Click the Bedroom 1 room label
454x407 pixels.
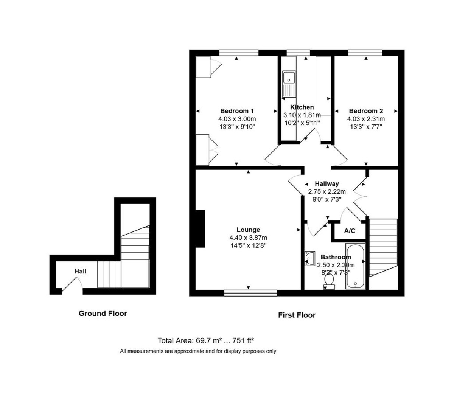pyautogui.click(x=237, y=111)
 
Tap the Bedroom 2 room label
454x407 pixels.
pyautogui.click(x=365, y=111)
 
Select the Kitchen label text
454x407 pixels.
pyautogui.click(x=302, y=107)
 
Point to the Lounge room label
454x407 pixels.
pyautogui.click(x=248, y=230)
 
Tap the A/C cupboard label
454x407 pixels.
pyautogui.click(x=350, y=231)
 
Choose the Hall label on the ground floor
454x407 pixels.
pyautogui.click(x=80, y=271)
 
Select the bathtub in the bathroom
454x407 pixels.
pyautogui.click(x=356, y=266)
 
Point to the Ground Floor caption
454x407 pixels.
pyautogui.click(x=103, y=314)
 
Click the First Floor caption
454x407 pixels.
pyautogui.click(x=297, y=315)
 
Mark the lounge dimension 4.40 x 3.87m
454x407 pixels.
pyautogui.click(x=248, y=238)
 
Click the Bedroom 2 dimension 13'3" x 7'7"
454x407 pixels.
pyautogui.click(x=365, y=126)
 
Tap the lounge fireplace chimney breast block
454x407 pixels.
pyautogui.click(x=200, y=229)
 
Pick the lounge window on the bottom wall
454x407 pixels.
pyautogui.click(x=250, y=292)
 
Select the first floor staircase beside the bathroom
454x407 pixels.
pyautogui.click(x=383, y=248)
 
